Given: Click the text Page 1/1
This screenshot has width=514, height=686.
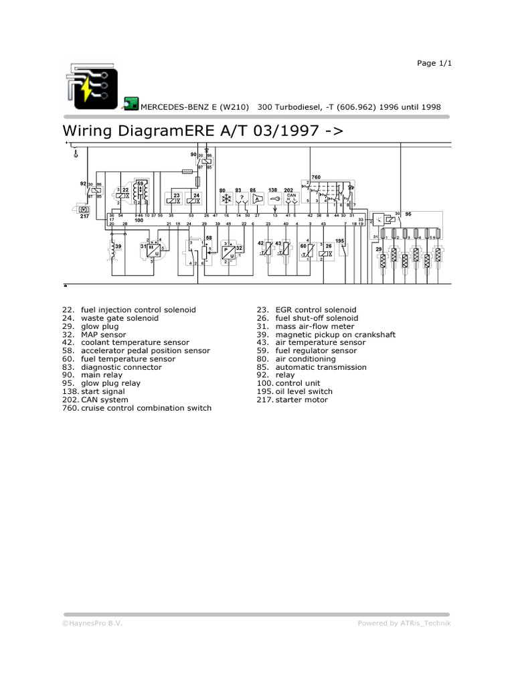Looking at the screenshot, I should pos(435,63).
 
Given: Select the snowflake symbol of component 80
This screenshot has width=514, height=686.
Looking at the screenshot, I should pos(226,198).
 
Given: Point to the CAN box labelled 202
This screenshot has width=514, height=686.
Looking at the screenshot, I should pos(290,198).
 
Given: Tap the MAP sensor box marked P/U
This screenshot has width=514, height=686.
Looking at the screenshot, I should pos(228,252).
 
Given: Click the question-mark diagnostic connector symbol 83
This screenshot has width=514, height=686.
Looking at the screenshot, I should pos(242,198).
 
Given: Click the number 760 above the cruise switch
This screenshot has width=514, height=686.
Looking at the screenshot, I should pos(316,177).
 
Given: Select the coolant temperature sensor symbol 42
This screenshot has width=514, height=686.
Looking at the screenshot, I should pos(268,251).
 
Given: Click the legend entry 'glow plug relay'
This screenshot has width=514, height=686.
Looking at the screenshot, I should pos(110,383).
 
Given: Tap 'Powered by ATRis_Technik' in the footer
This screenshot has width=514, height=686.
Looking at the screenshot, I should pos(404,623).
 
